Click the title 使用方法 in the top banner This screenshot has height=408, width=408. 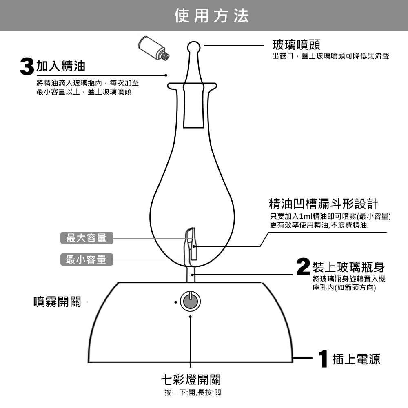pyautogui.click(x=211, y=16)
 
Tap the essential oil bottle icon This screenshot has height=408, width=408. pyautogui.click(x=154, y=46)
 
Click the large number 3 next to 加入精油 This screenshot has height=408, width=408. pyautogui.click(x=27, y=67)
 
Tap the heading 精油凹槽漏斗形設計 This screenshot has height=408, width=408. pyautogui.click(x=323, y=203)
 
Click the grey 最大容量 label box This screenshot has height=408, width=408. pyautogui.click(x=86, y=238)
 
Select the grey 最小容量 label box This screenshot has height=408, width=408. pyautogui.click(x=86, y=259)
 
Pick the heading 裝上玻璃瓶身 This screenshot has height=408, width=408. pyautogui.click(x=348, y=267)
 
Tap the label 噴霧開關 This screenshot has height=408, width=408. pyautogui.click(x=57, y=302)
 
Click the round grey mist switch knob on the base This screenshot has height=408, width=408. pyautogui.click(x=190, y=302)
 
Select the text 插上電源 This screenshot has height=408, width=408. pyautogui.click(x=356, y=359)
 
